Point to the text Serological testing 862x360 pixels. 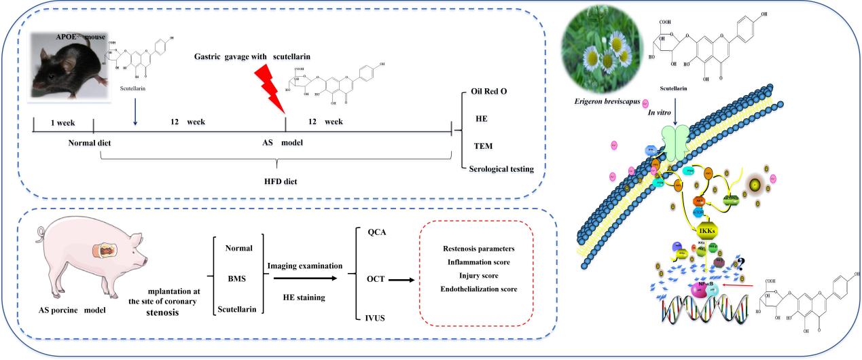[501, 168]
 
